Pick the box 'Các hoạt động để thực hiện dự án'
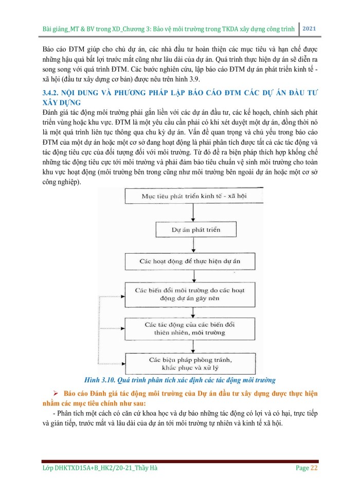click(189, 261)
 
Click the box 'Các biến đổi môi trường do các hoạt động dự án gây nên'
click(189, 294)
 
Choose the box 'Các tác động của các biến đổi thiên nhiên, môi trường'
click(189, 329)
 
